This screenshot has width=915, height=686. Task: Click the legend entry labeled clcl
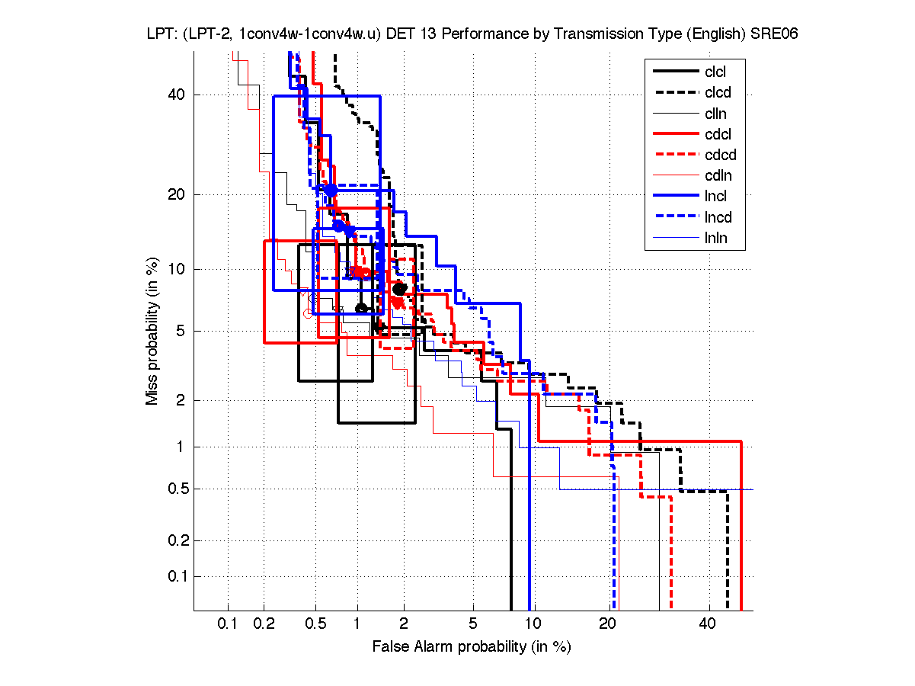pyautogui.click(x=715, y=72)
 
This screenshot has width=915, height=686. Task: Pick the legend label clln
pyautogui.click(x=715, y=114)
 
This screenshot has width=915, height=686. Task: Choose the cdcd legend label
pyautogui.click(x=720, y=155)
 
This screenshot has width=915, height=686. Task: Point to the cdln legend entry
pyautogui.click(x=718, y=176)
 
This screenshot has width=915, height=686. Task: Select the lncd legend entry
pyautogui.click(x=718, y=217)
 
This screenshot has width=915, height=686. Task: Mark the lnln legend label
pyautogui.click(x=715, y=238)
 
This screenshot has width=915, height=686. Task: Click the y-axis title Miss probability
pyautogui.click(x=153, y=330)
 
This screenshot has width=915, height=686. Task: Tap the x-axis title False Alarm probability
pyautogui.click(x=472, y=647)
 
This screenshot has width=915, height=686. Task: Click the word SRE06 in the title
pyautogui.click(x=772, y=35)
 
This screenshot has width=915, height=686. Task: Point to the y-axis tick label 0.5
pyautogui.click(x=177, y=489)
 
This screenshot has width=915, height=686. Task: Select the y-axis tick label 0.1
pyautogui.click(x=177, y=576)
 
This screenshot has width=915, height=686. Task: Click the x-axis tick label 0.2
pyautogui.click(x=264, y=624)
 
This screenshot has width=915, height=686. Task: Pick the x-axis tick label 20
pyautogui.click(x=606, y=624)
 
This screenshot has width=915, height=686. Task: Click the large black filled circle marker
pyautogui.click(x=399, y=289)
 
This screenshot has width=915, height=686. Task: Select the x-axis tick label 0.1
pyautogui.click(x=228, y=624)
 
